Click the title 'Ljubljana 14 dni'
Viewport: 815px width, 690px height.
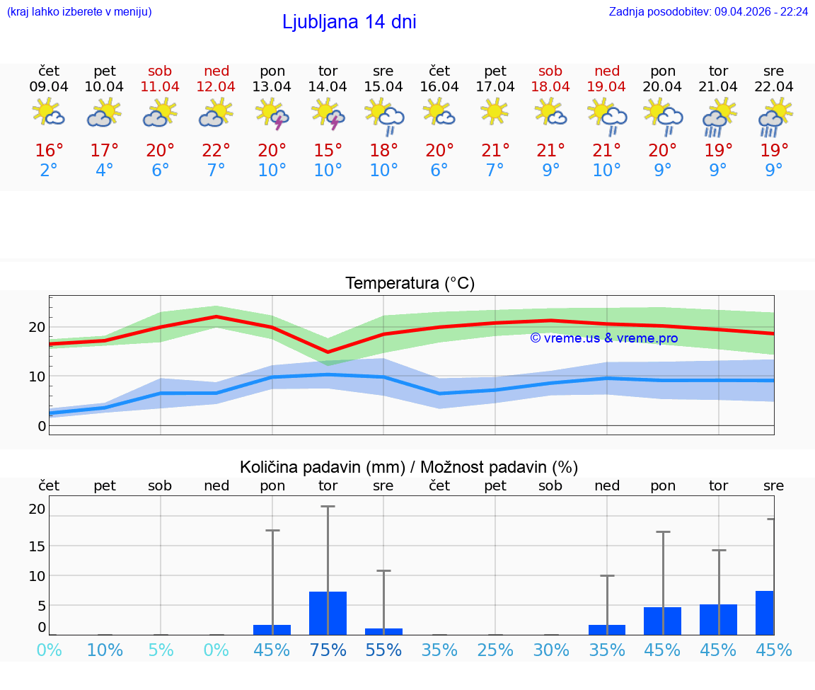tap(349, 22)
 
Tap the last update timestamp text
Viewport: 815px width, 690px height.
tap(708, 12)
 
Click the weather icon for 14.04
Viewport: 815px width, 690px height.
tap(328, 114)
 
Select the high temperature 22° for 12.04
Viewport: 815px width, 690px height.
tap(216, 151)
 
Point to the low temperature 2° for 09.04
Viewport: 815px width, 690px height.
tap(49, 170)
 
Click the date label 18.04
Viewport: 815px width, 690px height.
tap(550, 86)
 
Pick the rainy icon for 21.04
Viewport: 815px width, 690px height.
tap(718, 117)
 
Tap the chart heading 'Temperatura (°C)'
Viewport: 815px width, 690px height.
tap(410, 284)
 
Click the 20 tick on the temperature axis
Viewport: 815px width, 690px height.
tap(37, 327)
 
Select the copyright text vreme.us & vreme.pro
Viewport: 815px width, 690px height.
tap(603, 338)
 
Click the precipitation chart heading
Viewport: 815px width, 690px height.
tap(409, 467)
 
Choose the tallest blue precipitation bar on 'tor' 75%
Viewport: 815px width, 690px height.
tap(328, 613)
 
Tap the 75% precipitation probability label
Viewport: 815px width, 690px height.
tap(328, 650)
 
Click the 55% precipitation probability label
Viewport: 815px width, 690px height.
tap(383, 650)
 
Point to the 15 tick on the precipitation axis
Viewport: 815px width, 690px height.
tap(37, 546)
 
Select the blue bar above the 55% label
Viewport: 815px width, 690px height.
tap(383, 631)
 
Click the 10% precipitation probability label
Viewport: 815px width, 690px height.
tap(105, 650)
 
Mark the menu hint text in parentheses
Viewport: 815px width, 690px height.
tap(79, 12)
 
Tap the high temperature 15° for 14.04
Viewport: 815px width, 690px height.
tap(328, 151)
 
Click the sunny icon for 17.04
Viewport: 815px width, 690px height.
tap(495, 111)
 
